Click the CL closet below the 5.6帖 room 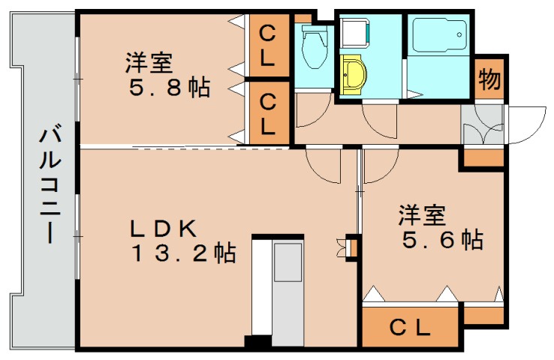(411, 328)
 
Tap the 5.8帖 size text (167, 89)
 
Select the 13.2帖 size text (185, 253)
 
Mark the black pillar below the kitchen (257, 342)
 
